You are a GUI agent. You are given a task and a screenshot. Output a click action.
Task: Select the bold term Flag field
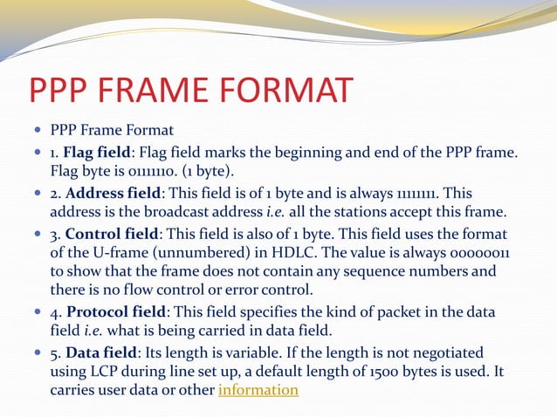[x=96, y=153]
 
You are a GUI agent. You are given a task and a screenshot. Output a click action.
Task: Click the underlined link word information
[x=258, y=389]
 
